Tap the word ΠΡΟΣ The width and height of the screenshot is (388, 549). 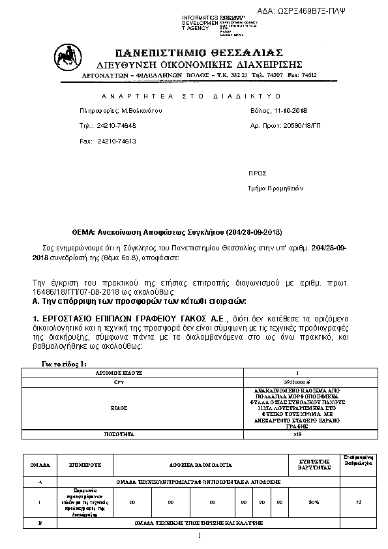258,173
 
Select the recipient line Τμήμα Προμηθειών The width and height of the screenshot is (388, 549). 276,188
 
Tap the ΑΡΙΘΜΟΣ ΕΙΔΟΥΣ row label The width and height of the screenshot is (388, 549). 123,372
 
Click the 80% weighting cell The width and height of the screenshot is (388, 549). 313,503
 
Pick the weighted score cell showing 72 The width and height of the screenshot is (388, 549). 358,503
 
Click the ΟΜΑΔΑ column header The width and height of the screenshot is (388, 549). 40,466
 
